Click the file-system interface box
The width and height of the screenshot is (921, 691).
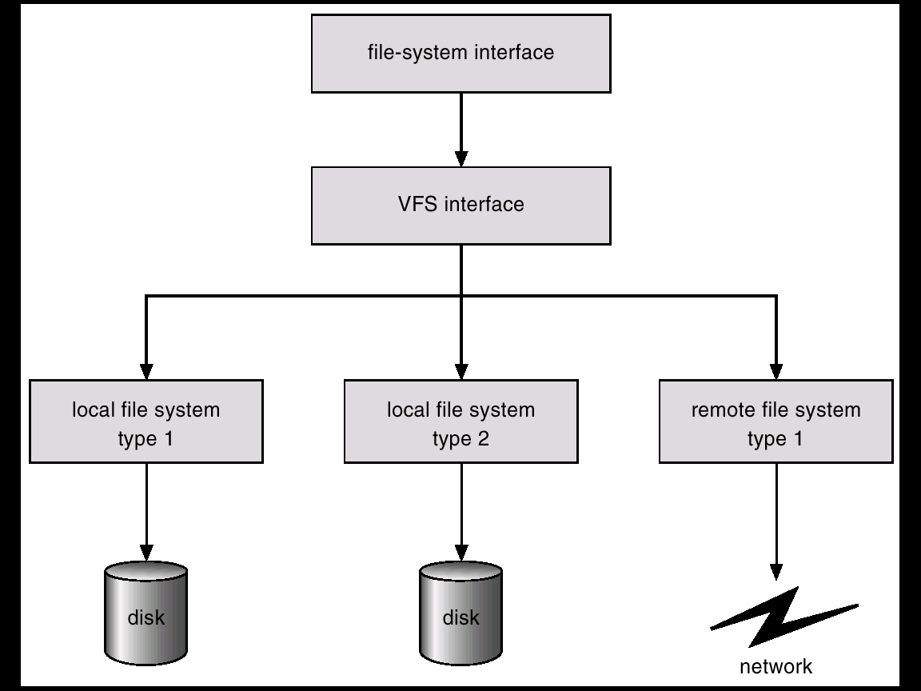[x=460, y=54]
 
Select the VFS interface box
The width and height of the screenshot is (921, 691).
[x=460, y=205]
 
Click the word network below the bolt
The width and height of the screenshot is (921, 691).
[x=775, y=666]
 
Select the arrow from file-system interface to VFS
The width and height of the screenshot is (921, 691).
[x=461, y=128]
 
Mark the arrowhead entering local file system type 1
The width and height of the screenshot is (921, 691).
[x=146, y=371]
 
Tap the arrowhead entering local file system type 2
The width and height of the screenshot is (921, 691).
[x=461, y=371]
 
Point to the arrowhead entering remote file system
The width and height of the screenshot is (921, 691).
[x=776, y=371]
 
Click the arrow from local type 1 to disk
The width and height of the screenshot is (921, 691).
[x=146, y=512]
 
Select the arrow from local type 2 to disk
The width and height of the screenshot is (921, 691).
[x=461, y=512]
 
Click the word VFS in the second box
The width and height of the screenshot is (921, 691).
[x=418, y=205]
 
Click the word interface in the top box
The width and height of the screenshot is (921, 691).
[x=513, y=54]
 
